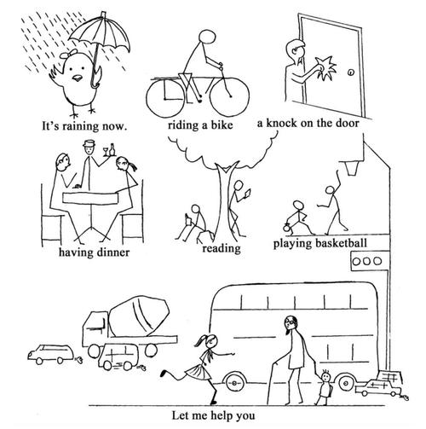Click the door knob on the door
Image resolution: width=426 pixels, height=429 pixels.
click(x=351, y=72)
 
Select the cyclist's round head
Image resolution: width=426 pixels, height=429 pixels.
click(x=207, y=37)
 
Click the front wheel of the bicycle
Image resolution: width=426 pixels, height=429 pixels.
click(x=229, y=97)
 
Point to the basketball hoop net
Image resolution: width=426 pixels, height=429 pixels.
click(x=352, y=168)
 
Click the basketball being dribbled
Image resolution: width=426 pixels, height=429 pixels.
click(x=286, y=229)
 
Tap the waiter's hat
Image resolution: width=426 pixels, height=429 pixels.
click(x=89, y=143)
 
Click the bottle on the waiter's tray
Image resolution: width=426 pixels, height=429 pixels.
click(x=112, y=149)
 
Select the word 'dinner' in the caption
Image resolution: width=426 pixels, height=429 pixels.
click(x=113, y=252)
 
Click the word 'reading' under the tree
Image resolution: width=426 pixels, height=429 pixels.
click(x=222, y=248)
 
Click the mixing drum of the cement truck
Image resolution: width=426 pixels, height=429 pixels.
click(x=139, y=316)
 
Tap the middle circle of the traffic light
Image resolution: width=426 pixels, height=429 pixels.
click(x=366, y=261)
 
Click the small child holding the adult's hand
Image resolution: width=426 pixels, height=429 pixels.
click(x=324, y=387)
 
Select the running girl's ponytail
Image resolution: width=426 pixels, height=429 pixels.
click(x=201, y=340)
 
